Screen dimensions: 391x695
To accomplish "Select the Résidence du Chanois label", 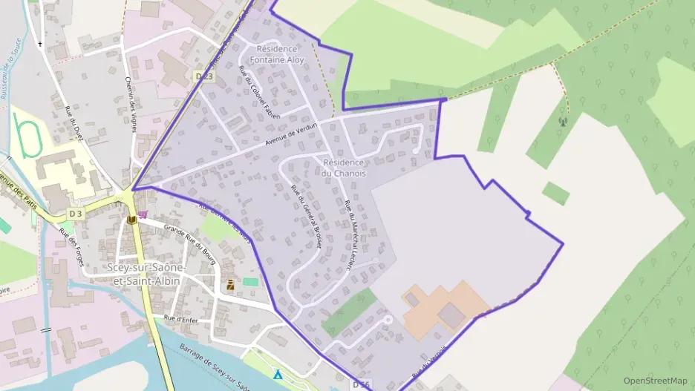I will tap(344, 168).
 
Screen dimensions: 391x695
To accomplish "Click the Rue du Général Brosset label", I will tap(305, 215).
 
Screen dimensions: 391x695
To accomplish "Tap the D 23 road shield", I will tap(203, 76).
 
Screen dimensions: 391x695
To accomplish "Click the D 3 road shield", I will tap(74, 214).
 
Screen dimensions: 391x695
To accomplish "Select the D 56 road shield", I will tap(361, 384).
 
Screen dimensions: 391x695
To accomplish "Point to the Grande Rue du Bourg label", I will tap(189, 240).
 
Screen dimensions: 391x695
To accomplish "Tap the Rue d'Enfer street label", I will tap(179, 319).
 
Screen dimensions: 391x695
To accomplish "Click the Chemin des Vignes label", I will tap(131, 105).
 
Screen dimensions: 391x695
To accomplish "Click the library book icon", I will tap(131, 220).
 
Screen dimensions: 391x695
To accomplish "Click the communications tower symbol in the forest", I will tap(562, 121).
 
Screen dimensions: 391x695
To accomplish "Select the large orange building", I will tap(444, 305).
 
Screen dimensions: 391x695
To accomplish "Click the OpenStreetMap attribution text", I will tap(655, 381).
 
